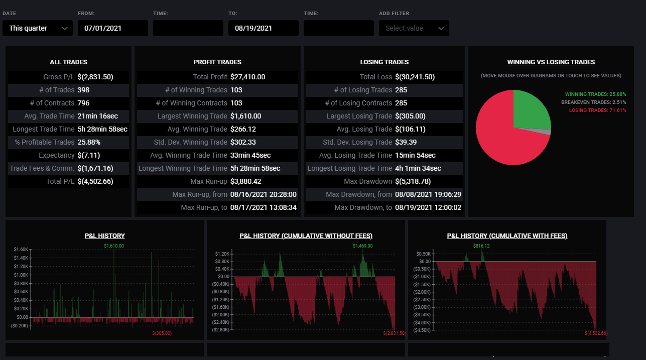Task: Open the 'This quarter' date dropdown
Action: (x=38, y=28)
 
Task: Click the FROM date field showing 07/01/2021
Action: (x=113, y=28)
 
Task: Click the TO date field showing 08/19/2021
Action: (x=264, y=28)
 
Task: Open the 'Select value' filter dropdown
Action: (x=414, y=28)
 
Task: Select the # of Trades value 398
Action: (x=83, y=90)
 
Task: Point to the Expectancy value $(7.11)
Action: (x=88, y=155)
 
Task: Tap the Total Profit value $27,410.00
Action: (x=247, y=77)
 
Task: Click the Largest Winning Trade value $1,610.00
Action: (x=245, y=116)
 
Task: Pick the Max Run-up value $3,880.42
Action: (x=245, y=181)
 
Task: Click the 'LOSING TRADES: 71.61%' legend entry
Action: (x=597, y=110)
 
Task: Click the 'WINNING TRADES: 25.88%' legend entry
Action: (x=595, y=94)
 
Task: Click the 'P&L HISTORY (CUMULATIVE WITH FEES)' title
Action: (x=507, y=235)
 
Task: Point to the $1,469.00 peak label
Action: (x=362, y=246)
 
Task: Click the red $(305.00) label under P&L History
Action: (x=162, y=333)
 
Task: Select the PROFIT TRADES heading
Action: (x=217, y=62)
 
